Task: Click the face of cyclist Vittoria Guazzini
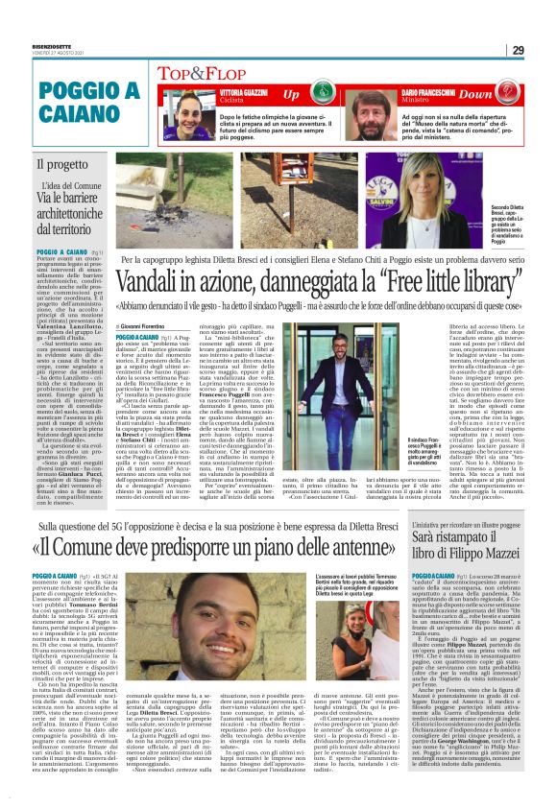pos(174,107)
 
